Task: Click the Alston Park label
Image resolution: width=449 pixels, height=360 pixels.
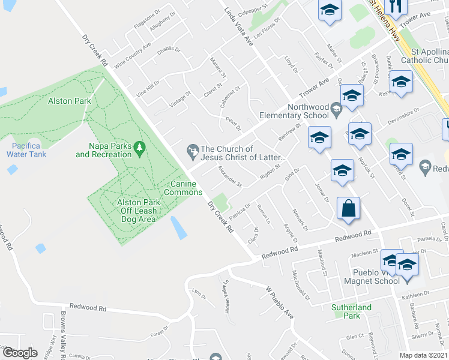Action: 70,101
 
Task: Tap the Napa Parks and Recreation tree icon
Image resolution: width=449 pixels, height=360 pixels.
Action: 139,146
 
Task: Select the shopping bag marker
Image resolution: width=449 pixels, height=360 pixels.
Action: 349,209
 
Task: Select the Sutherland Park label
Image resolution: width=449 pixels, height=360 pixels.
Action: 354,311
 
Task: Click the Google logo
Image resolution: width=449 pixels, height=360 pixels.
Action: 20,353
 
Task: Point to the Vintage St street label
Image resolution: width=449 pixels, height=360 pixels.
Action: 179,100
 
